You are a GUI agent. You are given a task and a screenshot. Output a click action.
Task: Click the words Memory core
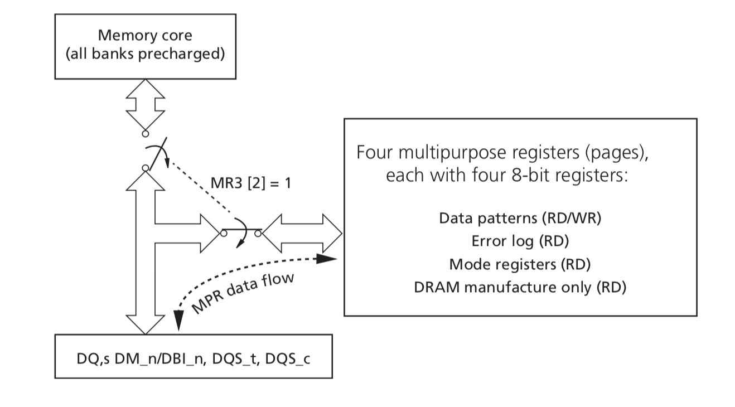[146, 35]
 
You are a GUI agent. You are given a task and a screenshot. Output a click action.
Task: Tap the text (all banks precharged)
[146, 55]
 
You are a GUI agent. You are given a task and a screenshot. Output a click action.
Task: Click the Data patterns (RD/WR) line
[520, 218]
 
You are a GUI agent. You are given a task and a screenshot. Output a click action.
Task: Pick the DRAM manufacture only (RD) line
[520, 287]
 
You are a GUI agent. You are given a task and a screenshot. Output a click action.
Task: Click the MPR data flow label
[242, 294]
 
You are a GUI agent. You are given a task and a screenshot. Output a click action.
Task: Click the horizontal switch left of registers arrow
[241, 232]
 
